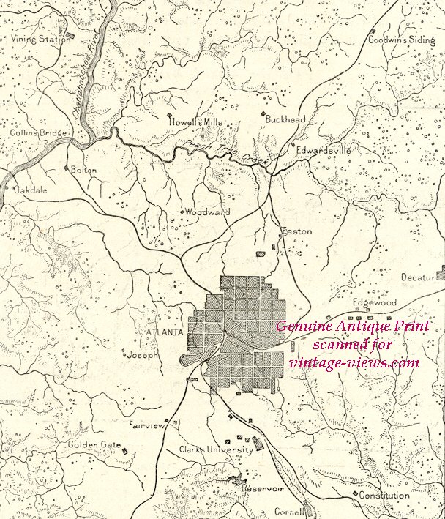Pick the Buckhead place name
coord(285,119)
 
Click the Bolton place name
coord(83,169)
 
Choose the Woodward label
coord(207,212)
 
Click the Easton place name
coord(297,231)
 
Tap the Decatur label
coord(418,277)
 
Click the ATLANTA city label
coord(164,332)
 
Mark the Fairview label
coord(148,425)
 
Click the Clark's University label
coord(216,449)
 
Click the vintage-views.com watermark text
coord(354,362)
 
